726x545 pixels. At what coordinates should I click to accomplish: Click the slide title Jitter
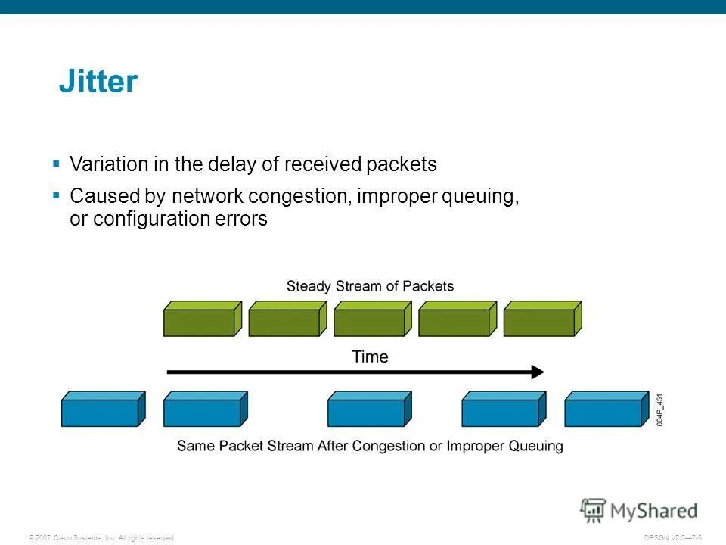tap(98, 81)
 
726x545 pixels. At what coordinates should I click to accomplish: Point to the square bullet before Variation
tap(57, 163)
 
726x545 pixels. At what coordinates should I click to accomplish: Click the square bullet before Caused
tap(57, 195)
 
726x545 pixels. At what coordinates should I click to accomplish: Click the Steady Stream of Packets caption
tap(370, 286)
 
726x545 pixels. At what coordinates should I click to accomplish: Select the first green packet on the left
tap(203, 319)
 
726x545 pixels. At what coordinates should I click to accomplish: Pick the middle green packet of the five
tap(373, 319)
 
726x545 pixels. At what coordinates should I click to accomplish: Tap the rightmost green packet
tap(543, 319)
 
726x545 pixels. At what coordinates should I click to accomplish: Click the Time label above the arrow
tap(370, 357)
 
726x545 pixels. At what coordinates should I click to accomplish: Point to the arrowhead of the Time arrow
tap(544, 372)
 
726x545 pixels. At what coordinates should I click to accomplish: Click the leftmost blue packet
tap(104, 409)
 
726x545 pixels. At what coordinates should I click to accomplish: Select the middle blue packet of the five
tap(370, 409)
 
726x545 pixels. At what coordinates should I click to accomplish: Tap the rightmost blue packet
tap(607, 409)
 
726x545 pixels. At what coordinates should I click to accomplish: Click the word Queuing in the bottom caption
tap(535, 447)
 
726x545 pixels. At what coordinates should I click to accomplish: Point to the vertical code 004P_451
tap(659, 410)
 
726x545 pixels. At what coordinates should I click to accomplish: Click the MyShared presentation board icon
tap(593, 511)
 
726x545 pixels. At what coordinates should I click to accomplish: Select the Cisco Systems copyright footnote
tap(102, 538)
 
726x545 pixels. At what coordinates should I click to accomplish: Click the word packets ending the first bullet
tap(402, 164)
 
